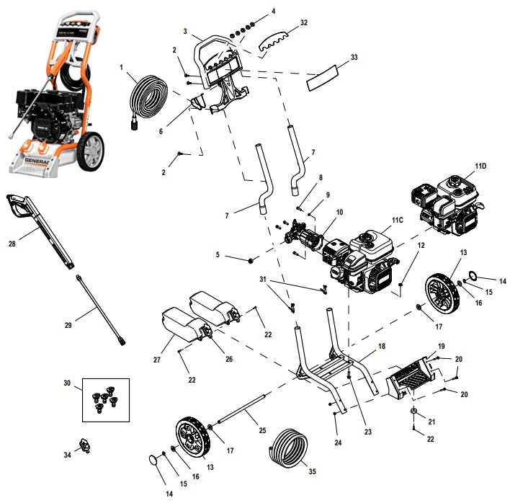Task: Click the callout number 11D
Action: [x=480, y=167]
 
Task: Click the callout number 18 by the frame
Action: [x=381, y=345]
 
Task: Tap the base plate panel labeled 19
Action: [x=412, y=376]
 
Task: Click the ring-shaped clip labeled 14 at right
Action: [x=474, y=275]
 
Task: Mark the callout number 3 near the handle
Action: [x=185, y=32]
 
